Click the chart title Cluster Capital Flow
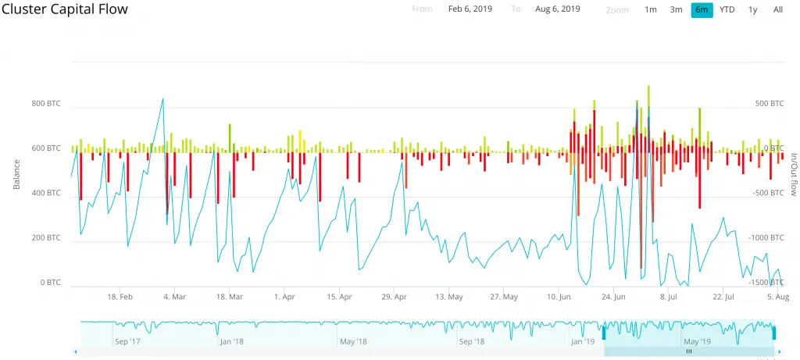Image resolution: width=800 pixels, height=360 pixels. click(65, 9)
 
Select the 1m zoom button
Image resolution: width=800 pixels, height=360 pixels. click(650, 9)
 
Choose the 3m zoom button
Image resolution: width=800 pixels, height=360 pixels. click(676, 9)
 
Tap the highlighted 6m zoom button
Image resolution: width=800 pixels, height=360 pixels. click(702, 9)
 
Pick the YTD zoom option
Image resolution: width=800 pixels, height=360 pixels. click(727, 9)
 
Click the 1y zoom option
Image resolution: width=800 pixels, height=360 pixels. click(752, 9)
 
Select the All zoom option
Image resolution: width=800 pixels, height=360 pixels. click(778, 9)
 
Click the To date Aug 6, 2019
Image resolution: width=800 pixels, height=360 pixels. click(557, 9)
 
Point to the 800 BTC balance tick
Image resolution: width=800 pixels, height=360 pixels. click(46, 103)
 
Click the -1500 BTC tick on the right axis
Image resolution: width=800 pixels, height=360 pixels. click(768, 283)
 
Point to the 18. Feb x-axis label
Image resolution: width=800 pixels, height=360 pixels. click(120, 298)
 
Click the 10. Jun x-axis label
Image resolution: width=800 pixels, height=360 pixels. click(559, 298)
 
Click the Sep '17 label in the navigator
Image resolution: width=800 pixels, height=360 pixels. click(127, 341)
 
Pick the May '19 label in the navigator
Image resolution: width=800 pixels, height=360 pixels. click(696, 341)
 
